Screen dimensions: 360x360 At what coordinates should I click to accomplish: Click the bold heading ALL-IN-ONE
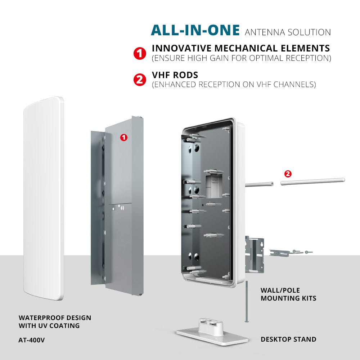pyautogui.click(x=195, y=30)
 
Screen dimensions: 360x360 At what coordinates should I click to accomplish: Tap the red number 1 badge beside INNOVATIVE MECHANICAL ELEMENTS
pyautogui.click(x=140, y=54)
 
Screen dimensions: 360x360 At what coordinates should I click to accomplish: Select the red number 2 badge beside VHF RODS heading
pyautogui.click(x=140, y=80)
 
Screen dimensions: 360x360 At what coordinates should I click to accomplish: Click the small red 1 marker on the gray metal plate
pyautogui.click(x=124, y=138)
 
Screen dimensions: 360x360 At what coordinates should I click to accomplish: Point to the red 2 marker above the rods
pyautogui.click(x=288, y=174)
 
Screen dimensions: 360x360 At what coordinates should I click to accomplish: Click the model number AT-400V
pyautogui.click(x=32, y=340)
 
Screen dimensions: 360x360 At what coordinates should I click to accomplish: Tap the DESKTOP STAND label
pyautogui.click(x=288, y=339)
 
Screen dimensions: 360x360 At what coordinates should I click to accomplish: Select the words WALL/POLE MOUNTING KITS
pyautogui.click(x=288, y=294)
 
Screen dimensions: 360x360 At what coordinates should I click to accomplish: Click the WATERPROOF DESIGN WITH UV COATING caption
pyautogui.click(x=55, y=321)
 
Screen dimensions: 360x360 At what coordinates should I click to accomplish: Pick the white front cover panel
pyautogui.click(x=44, y=199)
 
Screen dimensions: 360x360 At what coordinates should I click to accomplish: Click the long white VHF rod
pyautogui.click(x=313, y=181)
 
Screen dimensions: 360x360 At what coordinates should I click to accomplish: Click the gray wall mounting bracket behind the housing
pyautogui.click(x=255, y=254)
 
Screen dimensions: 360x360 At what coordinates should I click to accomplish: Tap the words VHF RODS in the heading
pyautogui.click(x=175, y=75)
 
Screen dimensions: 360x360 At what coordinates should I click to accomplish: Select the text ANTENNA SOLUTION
pyautogui.click(x=288, y=32)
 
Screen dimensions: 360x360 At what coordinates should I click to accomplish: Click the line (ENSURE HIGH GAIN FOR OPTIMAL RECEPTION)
pyautogui.click(x=242, y=58)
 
